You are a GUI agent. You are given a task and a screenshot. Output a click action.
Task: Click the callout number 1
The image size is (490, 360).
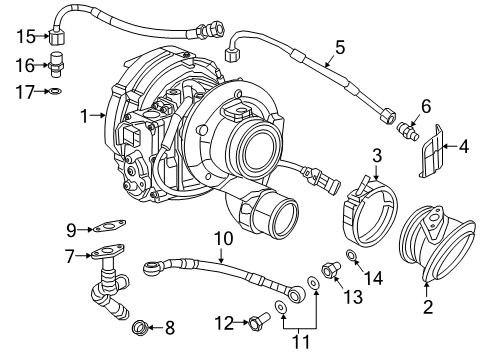(85, 117)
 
